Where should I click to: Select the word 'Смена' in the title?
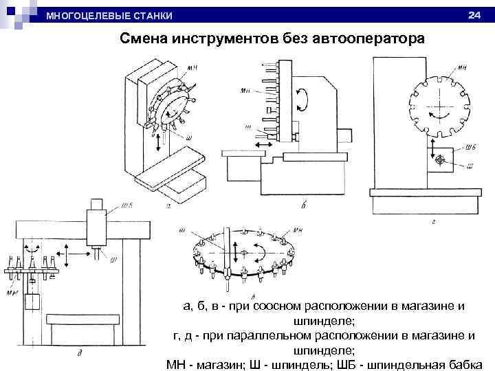(x=147, y=39)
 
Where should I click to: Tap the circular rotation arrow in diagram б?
(x=302, y=100)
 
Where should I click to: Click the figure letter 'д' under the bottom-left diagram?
(x=80, y=353)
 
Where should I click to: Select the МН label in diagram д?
(x=12, y=293)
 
